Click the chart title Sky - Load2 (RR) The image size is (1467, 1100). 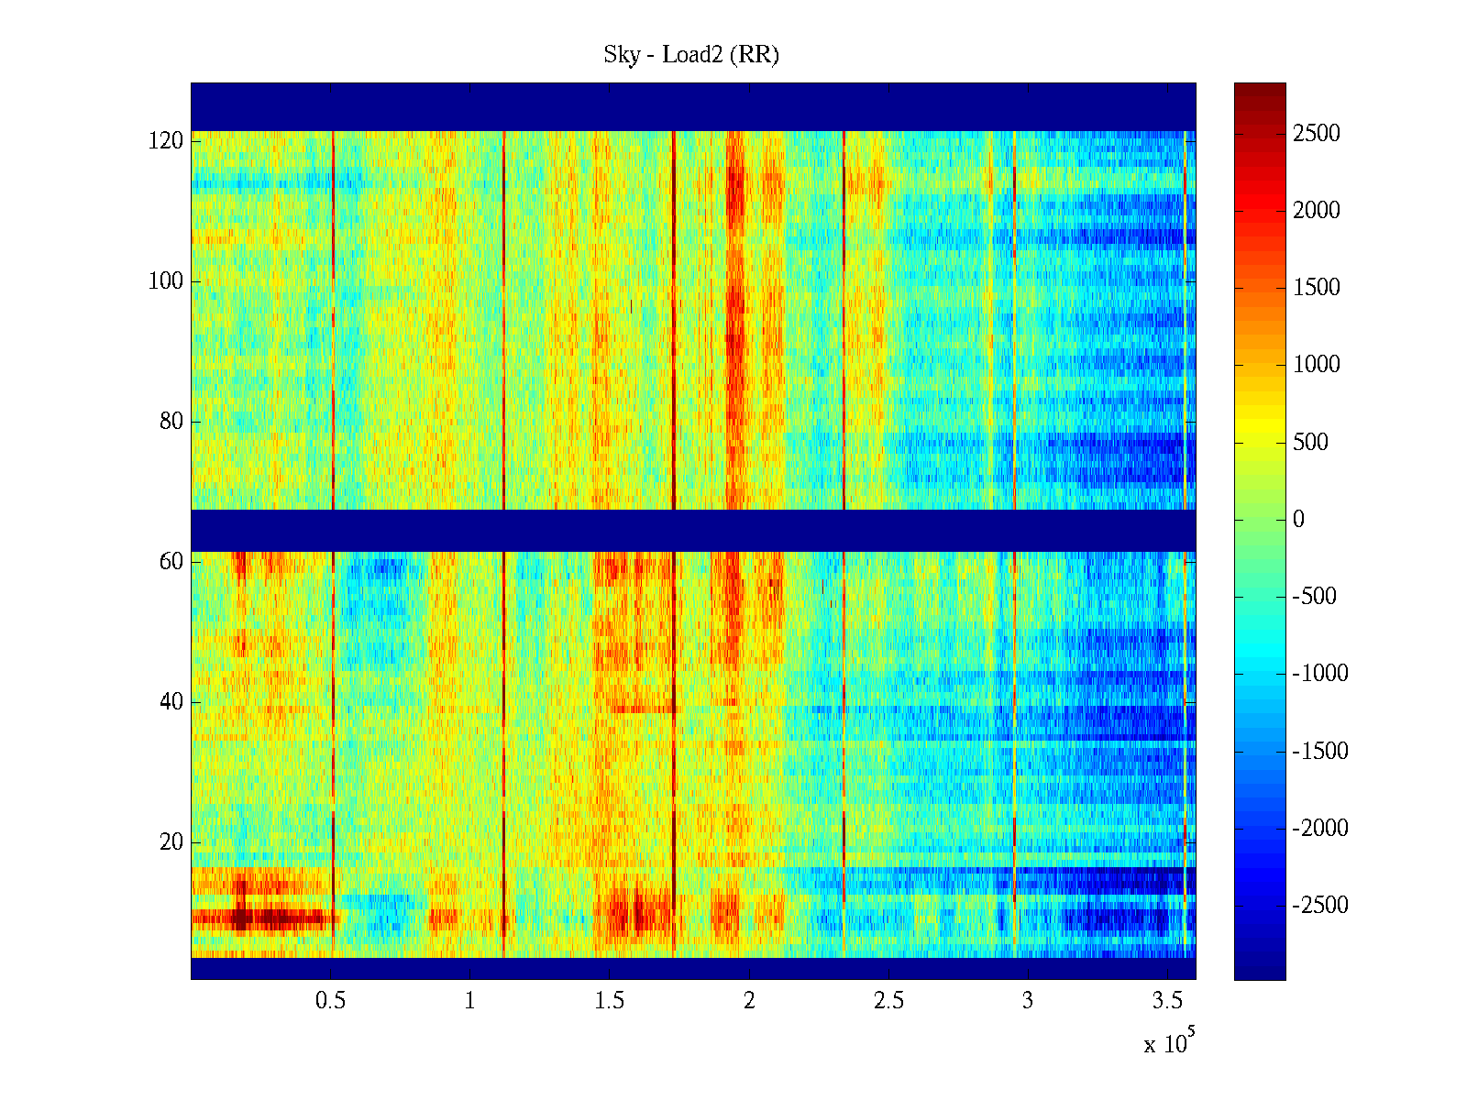point(691,55)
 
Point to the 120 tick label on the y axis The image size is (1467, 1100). point(166,141)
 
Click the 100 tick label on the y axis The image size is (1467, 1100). point(166,281)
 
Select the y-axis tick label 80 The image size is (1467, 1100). point(171,422)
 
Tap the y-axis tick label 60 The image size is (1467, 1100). point(171,562)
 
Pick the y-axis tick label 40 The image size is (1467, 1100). point(171,702)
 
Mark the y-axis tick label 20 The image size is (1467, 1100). point(171,842)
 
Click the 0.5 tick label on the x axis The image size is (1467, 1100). point(330,1000)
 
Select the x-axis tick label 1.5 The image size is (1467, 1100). point(610,1000)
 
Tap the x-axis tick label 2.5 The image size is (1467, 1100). point(888,1000)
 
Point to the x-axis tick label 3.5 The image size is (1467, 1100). point(1167,1000)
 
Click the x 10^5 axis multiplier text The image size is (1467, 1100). point(1168,1043)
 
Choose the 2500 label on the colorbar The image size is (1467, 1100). point(1316,134)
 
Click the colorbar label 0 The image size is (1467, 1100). point(1298,520)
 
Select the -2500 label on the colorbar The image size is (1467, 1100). point(1320,906)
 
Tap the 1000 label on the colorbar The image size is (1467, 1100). point(1316,365)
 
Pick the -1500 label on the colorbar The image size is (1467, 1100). point(1320,752)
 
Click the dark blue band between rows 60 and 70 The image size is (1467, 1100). point(693,531)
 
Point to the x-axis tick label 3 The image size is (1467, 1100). point(1028,1000)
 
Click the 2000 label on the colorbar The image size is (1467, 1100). point(1316,211)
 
